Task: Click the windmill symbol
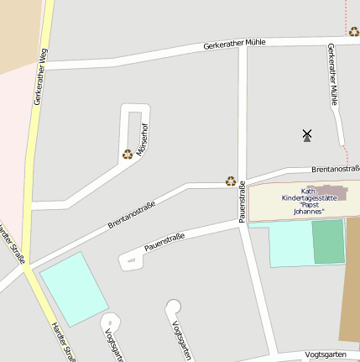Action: click(307, 134)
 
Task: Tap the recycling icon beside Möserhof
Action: click(128, 154)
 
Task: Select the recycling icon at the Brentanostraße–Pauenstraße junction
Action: click(231, 181)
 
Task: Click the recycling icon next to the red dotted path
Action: click(354, 32)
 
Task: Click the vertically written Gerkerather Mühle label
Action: click(333, 74)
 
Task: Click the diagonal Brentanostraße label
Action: click(132, 212)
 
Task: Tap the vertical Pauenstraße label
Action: click(243, 202)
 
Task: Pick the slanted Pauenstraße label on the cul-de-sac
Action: click(164, 243)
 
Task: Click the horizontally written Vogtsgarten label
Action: click(326, 354)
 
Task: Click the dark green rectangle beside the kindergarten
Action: click(328, 242)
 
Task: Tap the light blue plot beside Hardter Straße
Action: click(74, 289)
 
